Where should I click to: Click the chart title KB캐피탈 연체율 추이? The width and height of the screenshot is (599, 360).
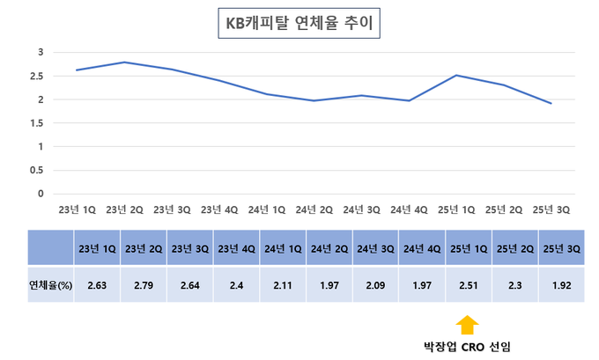299,24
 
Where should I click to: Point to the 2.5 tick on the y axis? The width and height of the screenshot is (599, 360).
36,76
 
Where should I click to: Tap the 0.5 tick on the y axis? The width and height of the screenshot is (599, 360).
36,170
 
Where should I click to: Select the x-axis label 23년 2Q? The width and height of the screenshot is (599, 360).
124,209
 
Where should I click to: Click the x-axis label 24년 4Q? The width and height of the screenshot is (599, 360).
409,209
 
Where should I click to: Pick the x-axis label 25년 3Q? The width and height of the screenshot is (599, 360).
551,209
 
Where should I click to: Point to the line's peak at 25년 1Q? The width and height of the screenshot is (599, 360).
456,76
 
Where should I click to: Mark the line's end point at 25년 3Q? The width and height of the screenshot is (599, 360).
551,104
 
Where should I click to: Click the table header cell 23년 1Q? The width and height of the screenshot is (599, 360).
97,249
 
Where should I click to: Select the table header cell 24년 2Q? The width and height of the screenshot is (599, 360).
329,249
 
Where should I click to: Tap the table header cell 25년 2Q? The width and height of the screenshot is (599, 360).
515,249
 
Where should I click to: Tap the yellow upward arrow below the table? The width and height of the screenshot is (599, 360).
468,324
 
